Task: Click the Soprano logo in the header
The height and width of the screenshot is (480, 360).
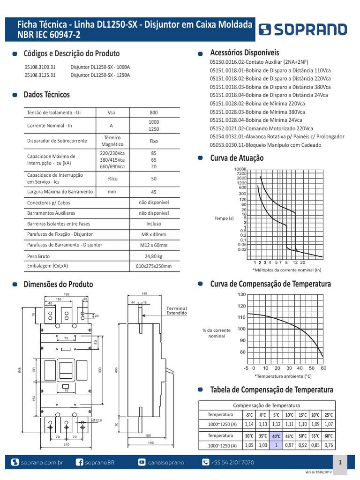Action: [304, 30]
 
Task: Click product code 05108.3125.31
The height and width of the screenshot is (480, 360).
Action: [40, 75]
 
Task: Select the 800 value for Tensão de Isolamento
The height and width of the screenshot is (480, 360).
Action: [154, 112]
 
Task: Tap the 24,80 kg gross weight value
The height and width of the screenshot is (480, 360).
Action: [154, 256]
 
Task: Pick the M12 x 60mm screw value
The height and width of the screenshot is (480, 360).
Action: [154, 245]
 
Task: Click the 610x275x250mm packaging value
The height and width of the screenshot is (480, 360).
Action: [154, 266]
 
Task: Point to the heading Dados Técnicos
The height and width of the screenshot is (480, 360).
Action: [46, 95]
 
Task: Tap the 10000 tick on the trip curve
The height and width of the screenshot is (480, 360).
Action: [240, 169]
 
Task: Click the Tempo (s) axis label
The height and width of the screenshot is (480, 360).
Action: [225, 218]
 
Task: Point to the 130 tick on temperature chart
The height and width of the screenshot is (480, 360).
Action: [241, 294]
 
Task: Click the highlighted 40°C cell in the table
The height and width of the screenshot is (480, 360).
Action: [276, 436]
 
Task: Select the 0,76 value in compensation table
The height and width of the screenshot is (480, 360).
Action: [329, 445]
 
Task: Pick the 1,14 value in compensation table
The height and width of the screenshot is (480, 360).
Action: [249, 424]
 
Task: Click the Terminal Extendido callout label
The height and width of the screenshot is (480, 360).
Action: [177, 310]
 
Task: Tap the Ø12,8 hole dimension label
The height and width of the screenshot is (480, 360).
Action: [97, 420]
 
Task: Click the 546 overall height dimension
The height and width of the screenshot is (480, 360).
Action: [20, 370]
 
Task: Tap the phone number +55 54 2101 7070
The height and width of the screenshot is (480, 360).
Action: [233, 463]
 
